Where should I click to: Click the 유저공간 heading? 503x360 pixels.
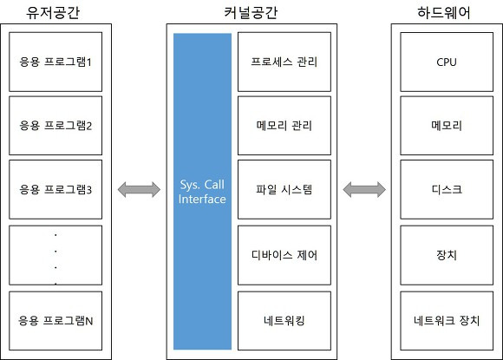pyautogui.click(x=53, y=12)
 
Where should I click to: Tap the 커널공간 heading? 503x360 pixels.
pyautogui.click(x=251, y=12)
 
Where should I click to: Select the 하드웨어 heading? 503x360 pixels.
pyautogui.click(x=444, y=12)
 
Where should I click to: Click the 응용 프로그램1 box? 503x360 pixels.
pyautogui.click(x=56, y=62)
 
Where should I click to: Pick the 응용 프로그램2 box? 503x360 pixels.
pyautogui.click(x=56, y=126)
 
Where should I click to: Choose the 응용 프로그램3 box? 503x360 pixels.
pyautogui.click(x=56, y=189)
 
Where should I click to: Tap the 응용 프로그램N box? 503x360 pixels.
pyautogui.click(x=56, y=321)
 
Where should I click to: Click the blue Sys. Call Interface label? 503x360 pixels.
pyautogui.click(x=202, y=192)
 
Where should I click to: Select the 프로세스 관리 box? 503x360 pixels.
pyautogui.click(x=284, y=62)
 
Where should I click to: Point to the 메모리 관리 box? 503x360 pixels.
pyautogui.click(x=284, y=126)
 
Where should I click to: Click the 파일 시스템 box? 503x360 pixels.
pyautogui.click(x=284, y=189)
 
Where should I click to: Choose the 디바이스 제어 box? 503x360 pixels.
pyautogui.click(x=284, y=255)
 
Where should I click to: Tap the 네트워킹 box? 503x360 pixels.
pyautogui.click(x=284, y=321)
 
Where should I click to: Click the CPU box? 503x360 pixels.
pyautogui.click(x=447, y=62)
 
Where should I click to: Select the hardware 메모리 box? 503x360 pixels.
pyautogui.click(x=447, y=126)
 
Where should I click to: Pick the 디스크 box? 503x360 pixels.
pyautogui.click(x=447, y=189)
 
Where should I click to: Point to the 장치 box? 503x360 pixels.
pyautogui.click(x=447, y=255)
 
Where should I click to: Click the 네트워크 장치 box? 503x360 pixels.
pyautogui.click(x=447, y=321)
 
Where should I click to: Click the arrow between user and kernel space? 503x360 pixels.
pyautogui.click(x=139, y=189)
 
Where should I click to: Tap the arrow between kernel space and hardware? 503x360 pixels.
pyautogui.click(x=364, y=189)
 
